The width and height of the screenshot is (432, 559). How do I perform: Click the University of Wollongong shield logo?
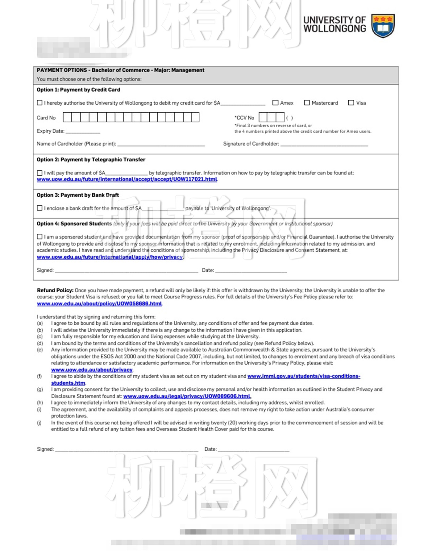coord(383,26)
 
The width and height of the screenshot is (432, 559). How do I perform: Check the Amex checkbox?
coord(275,102)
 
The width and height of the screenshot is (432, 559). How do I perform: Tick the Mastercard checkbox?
coord(307,102)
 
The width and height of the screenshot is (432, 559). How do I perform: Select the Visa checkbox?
coord(351,102)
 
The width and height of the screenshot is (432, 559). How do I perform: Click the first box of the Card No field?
coord(67,117)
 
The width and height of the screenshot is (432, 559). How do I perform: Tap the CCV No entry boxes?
coord(272,117)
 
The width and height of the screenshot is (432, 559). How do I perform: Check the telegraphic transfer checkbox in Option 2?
coord(39,173)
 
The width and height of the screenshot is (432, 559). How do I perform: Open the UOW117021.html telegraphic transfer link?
coord(127,179)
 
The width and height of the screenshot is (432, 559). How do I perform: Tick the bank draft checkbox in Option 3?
coord(39,208)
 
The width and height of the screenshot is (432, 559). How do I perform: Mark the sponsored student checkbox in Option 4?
coord(39,237)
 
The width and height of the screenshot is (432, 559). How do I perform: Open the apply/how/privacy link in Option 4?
coord(110,257)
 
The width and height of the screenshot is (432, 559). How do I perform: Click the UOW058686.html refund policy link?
coord(99,304)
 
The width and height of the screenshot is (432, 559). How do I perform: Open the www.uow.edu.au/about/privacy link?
coord(92,370)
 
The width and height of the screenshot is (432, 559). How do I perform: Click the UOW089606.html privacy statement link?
coord(187,396)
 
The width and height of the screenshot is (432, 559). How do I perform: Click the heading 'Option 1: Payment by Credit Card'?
coord(78,90)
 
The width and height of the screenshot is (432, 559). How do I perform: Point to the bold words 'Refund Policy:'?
coord(55,290)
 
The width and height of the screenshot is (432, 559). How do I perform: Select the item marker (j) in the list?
coord(39,423)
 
